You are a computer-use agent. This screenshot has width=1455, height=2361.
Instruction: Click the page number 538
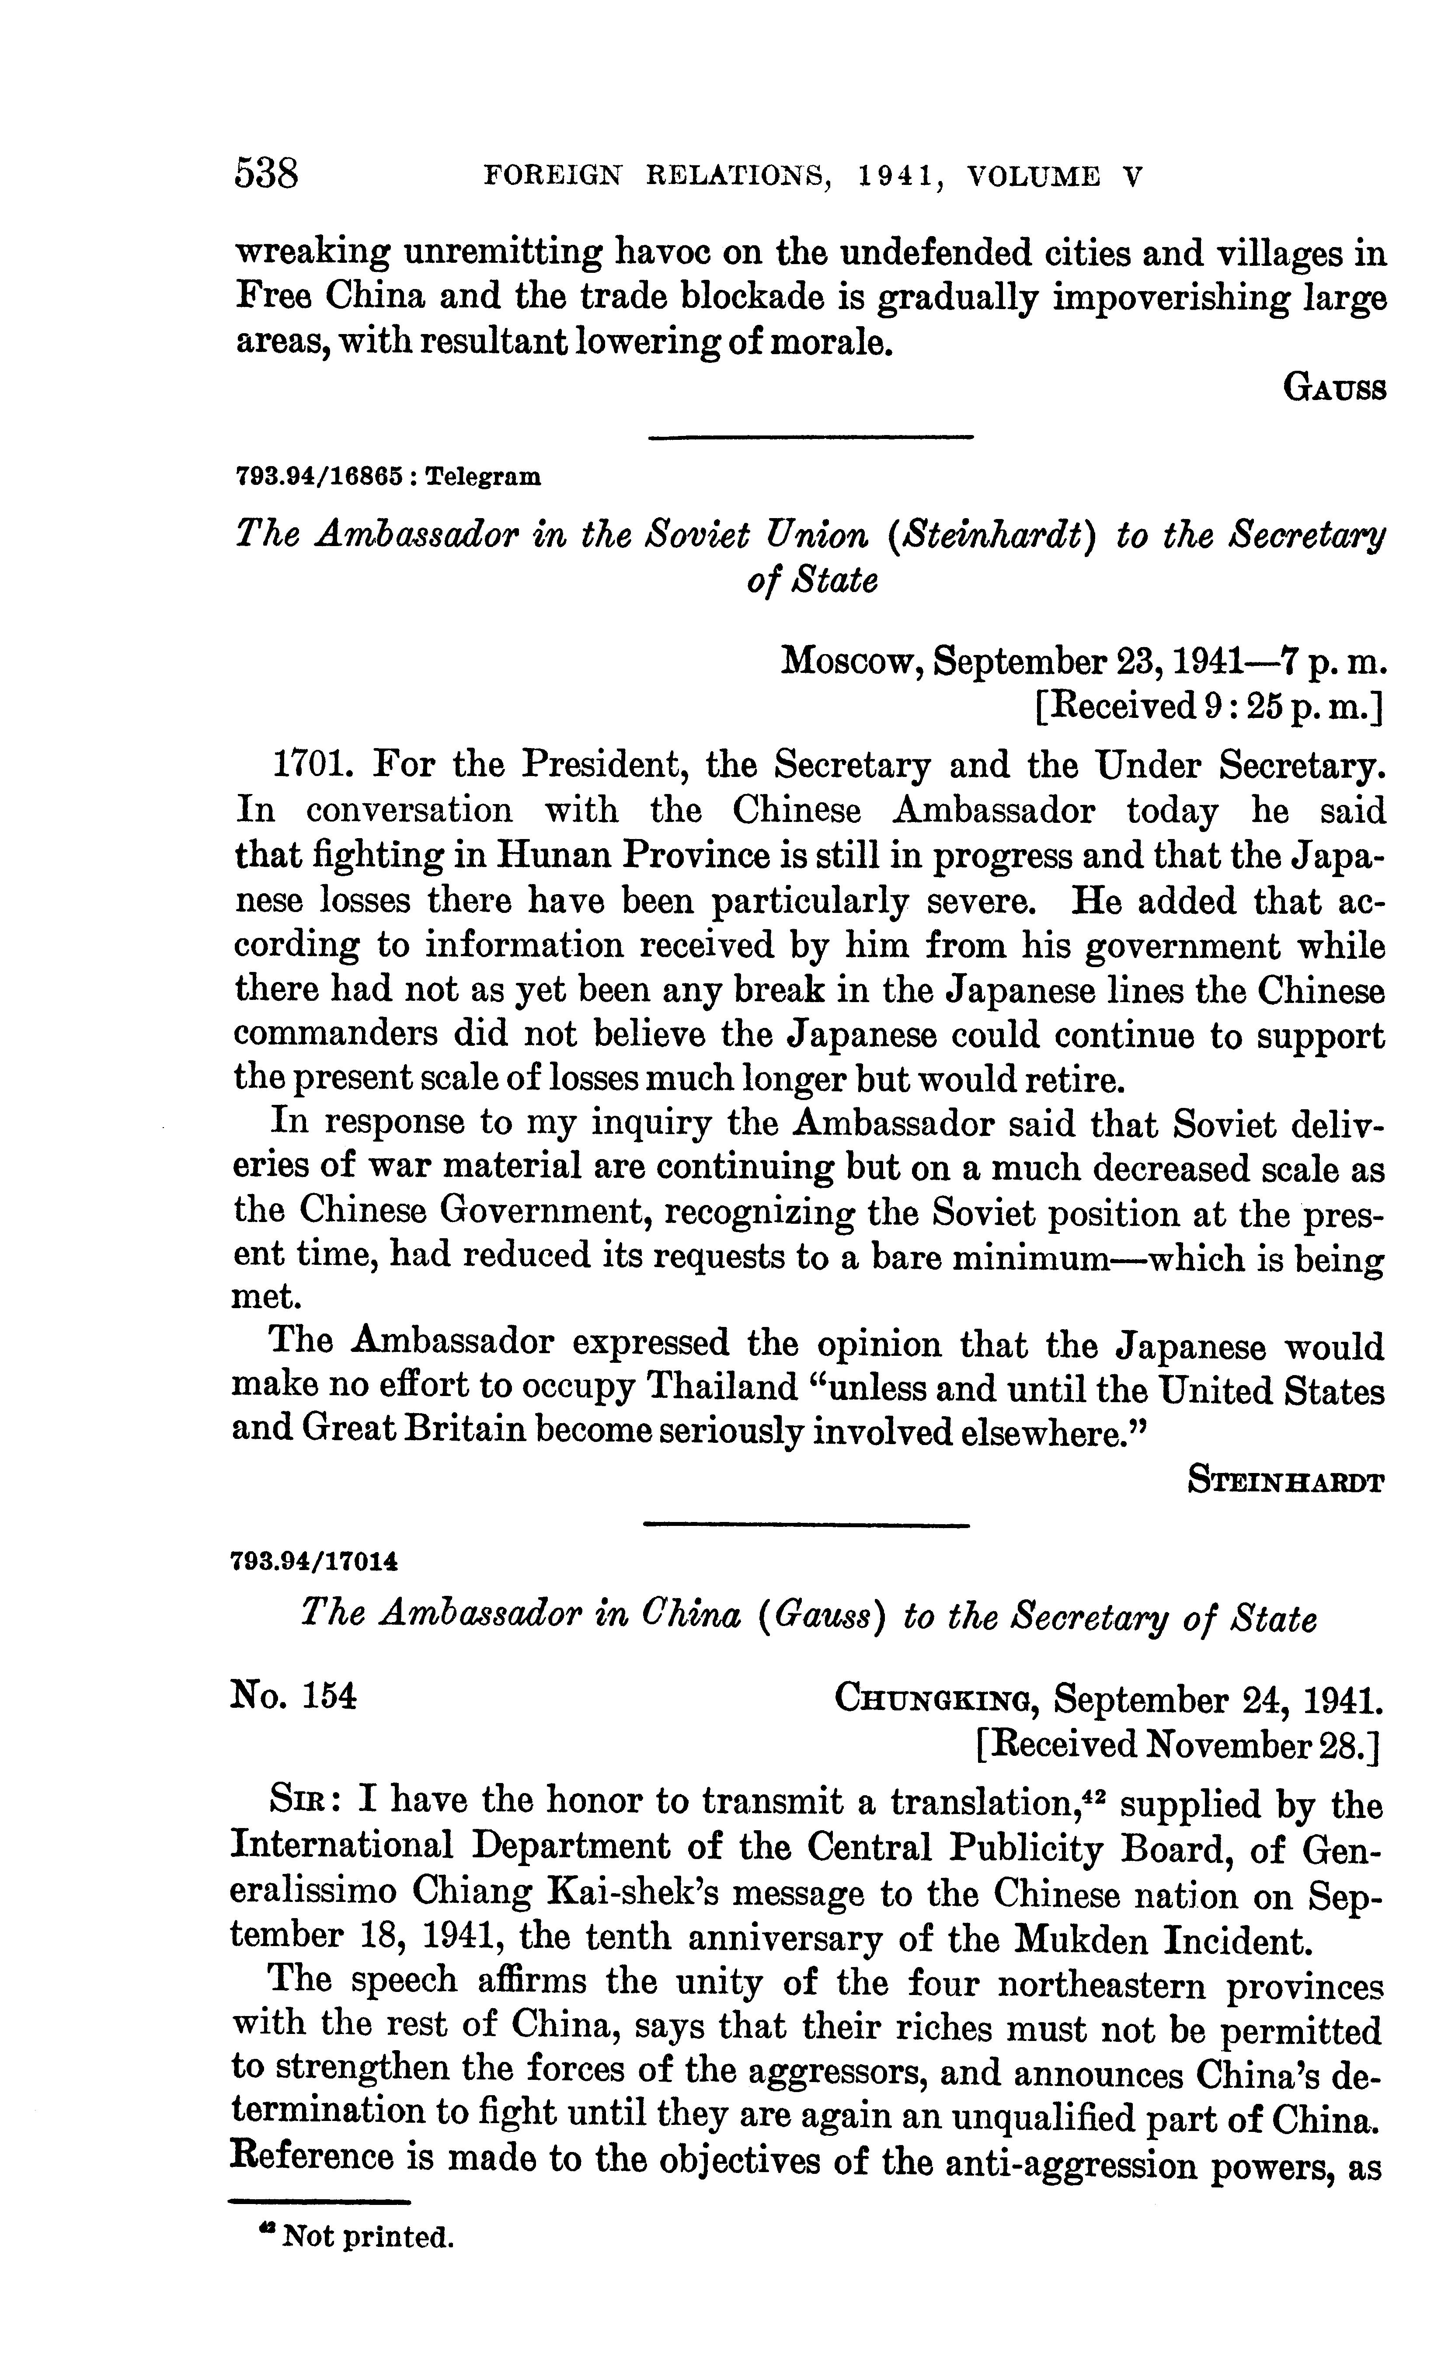pyautogui.click(x=268, y=174)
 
